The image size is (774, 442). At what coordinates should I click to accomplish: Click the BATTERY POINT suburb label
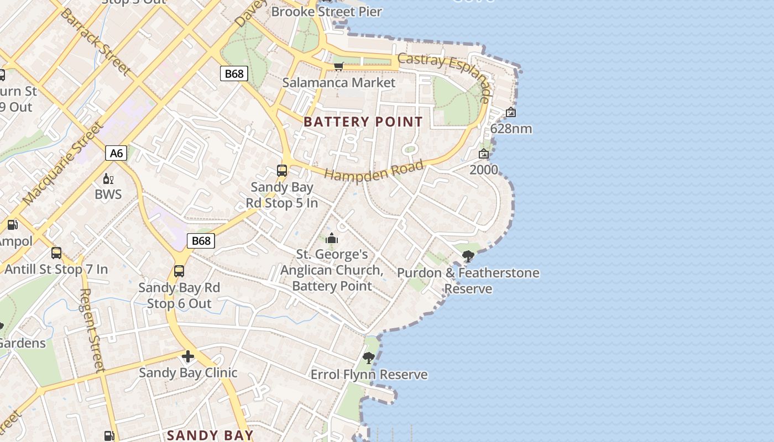click(x=363, y=122)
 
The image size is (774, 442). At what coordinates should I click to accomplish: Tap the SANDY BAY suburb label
click(x=210, y=435)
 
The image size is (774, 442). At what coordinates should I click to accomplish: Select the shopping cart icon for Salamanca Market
click(x=338, y=67)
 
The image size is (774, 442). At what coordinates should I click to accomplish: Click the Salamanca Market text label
click(x=338, y=83)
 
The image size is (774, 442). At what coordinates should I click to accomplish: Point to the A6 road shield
click(x=116, y=153)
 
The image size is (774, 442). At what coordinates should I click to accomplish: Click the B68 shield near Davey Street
click(x=233, y=73)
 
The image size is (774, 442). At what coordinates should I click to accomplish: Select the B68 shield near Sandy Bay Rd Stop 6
click(x=201, y=240)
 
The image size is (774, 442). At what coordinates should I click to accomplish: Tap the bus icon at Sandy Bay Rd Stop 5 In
click(x=282, y=171)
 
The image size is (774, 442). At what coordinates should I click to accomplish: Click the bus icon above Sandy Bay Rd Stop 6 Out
click(x=179, y=271)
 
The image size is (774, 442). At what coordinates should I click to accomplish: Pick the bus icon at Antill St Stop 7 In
click(x=56, y=253)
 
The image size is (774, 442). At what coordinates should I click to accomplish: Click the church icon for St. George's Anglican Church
click(x=332, y=238)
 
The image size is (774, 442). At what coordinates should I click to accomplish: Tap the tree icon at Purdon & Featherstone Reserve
click(x=468, y=256)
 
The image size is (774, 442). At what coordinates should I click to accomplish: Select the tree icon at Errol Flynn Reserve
click(x=369, y=358)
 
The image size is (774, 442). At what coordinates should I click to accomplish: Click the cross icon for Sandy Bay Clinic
click(x=188, y=356)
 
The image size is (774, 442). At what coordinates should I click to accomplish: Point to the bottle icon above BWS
click(x=108, y=178)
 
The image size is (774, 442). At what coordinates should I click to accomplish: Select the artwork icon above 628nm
click(x=511, y=113)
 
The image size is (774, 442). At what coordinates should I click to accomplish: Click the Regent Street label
click(x=92, y=330)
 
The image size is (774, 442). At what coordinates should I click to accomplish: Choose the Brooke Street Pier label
click(x=326, y=12)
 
